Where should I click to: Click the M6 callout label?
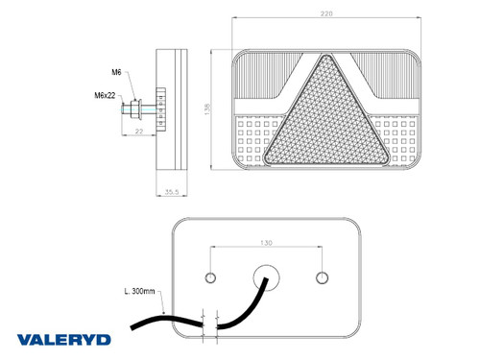click(x=115, y=72)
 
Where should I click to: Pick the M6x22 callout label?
click(x=107, y=96)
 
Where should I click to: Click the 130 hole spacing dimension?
click(x=266, y=243)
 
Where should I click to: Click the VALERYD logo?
click(x=62, y=339)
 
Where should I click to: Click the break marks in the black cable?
click(x=212, y=318)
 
